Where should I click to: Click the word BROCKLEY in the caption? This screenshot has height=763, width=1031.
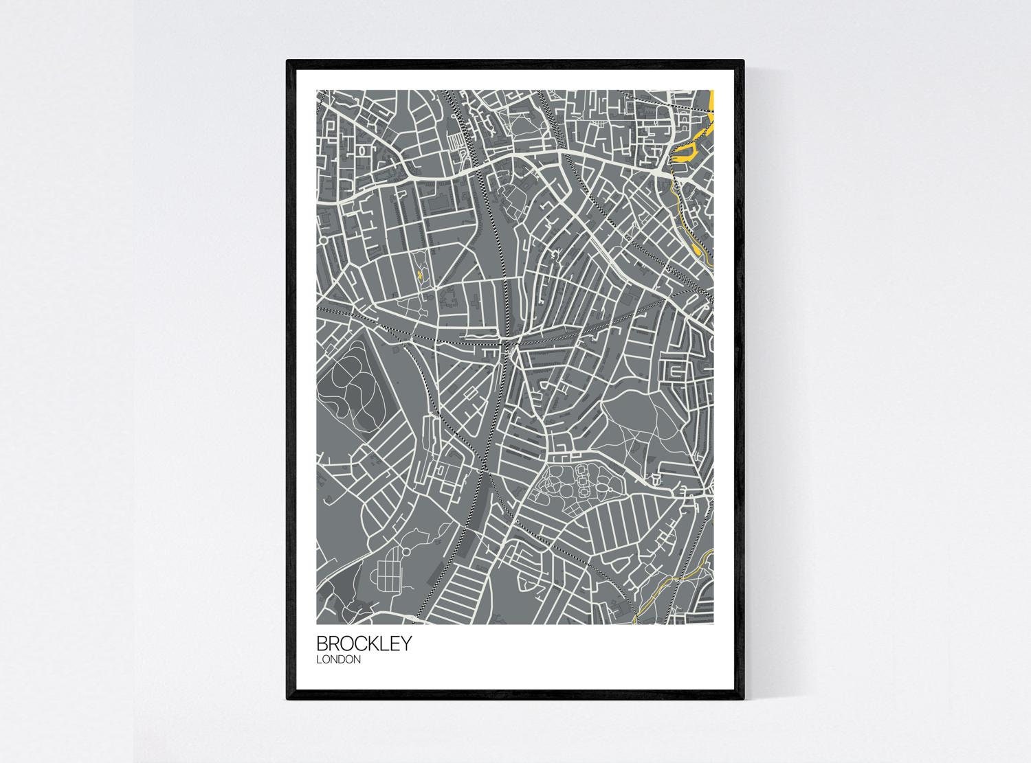tap(364, 644)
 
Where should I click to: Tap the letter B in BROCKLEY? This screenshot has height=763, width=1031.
tap(322, 644)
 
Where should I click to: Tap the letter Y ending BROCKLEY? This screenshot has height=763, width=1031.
tap(406, 644)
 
